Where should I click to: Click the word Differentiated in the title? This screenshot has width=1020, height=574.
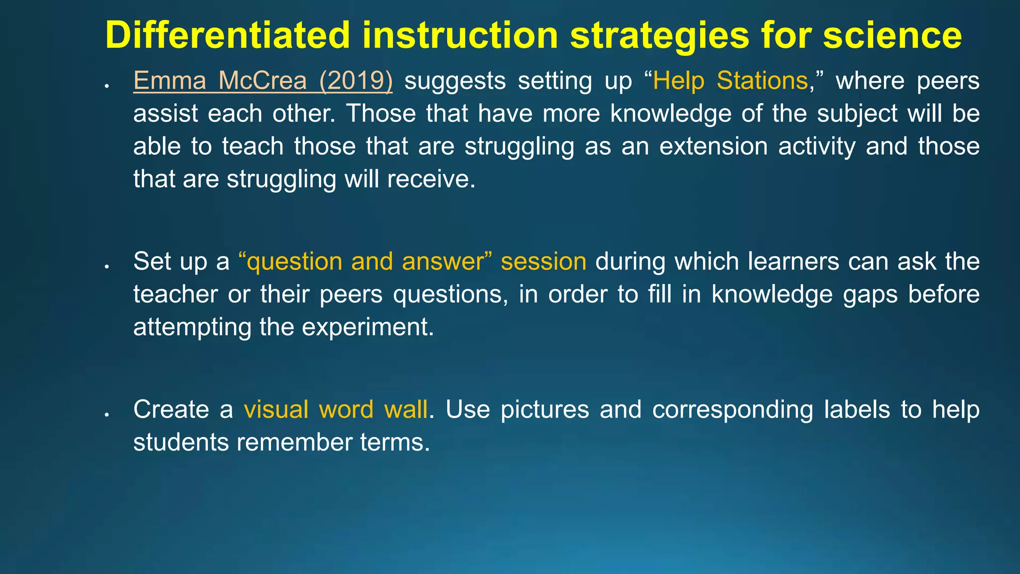tap(228, 35)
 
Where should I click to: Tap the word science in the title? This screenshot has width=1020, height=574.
tap(892, 35)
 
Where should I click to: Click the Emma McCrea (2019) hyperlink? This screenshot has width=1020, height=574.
tap(262, 81)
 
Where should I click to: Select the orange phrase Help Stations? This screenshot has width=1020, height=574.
tap(730, 81)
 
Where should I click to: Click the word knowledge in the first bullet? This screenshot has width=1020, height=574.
tap(670, 114)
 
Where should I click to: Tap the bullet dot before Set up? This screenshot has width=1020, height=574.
tap(107, 267)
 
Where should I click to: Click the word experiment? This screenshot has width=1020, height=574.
tap(368, 327)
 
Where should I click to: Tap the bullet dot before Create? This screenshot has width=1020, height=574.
tap(107, 415)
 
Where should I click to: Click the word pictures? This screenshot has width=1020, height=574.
tap(544, 410)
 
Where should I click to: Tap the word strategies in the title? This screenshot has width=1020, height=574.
tap(659, 35)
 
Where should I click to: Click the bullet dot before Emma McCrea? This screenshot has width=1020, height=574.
tap(107, 86)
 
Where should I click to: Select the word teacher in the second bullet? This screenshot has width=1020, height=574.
tap(175, 294)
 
